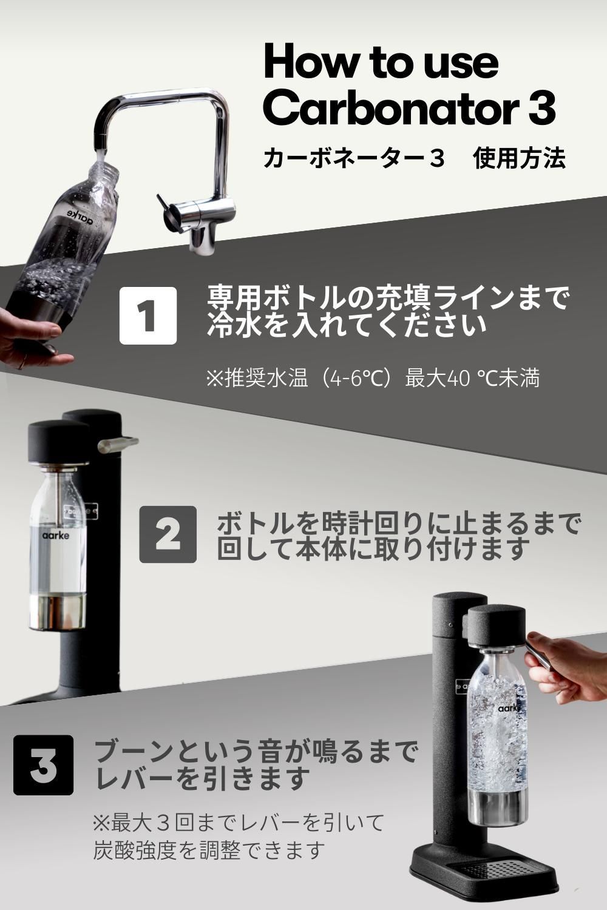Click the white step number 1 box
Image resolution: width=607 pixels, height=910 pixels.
[x=148, y=315]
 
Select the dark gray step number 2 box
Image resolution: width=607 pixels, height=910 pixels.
[x=168, y=534]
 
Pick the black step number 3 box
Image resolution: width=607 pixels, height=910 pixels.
[x=43, y=765]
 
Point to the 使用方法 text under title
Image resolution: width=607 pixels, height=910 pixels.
[x=520, y=158]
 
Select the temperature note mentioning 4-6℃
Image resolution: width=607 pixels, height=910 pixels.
[x=373, y=379]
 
